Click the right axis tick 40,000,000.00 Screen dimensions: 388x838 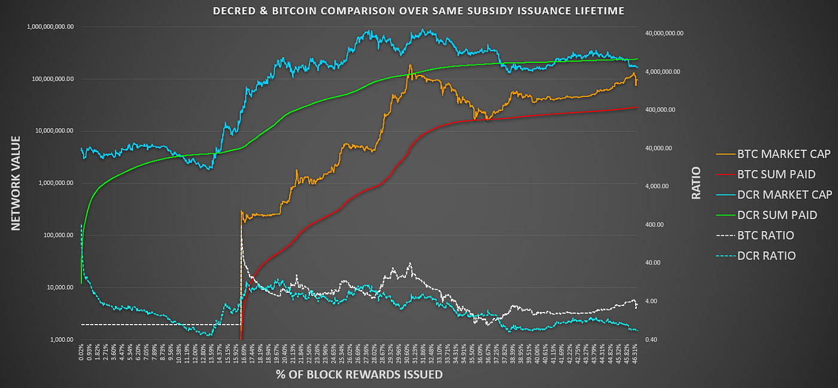tap(663, 34)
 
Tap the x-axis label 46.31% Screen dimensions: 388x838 tap(634, 353)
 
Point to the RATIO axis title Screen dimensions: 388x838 tap(696, 183)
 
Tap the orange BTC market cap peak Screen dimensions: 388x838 tap(410, 65)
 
